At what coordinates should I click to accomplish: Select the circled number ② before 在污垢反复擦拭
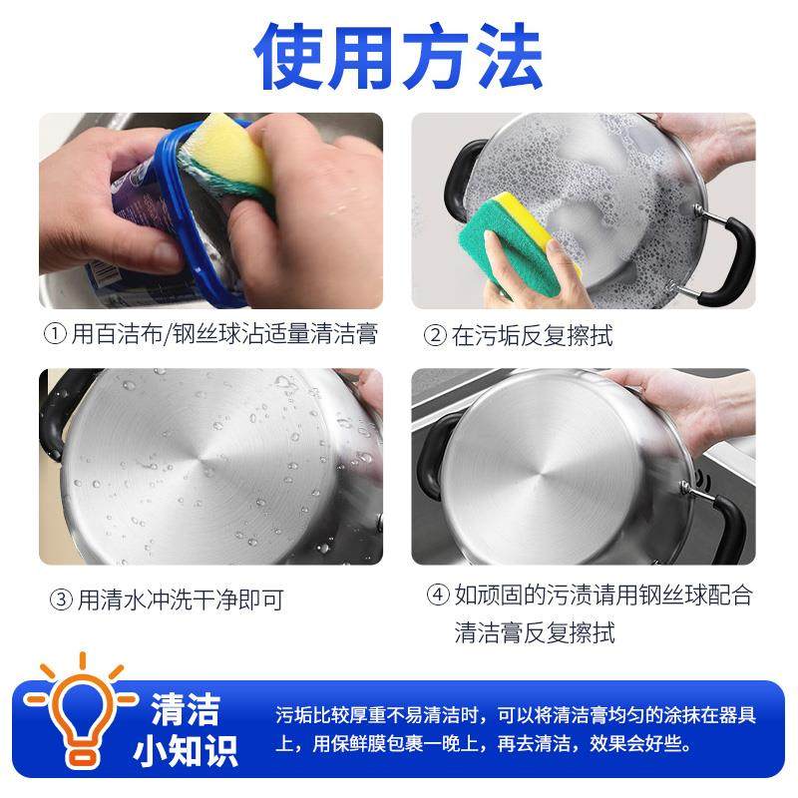[435, 336]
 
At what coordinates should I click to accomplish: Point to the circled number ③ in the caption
[61, 600]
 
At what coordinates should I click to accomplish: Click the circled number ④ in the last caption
[438, 597]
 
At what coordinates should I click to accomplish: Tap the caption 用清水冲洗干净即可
[180, 600]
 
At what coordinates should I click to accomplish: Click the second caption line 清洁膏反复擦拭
[535, 632]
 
